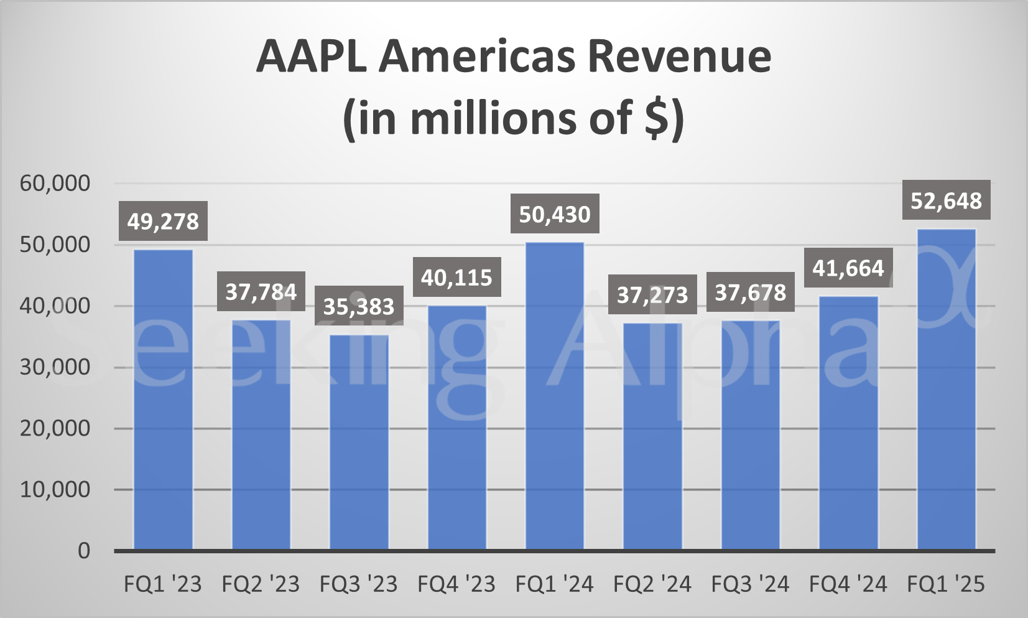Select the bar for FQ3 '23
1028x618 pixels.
tap(359, 442)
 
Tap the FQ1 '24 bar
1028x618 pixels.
tap(555, 396)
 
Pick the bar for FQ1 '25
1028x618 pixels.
tap(946, 390)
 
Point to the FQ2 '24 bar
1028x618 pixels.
tap(652, 436)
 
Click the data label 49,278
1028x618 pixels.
tap(163, 222)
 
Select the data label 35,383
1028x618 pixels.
tap(359, 306)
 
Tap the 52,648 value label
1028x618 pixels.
tap(946, 200)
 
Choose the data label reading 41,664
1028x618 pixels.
tap(848, 268)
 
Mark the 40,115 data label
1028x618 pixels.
tap(456, 278)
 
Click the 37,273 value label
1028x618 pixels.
tap(652, 294)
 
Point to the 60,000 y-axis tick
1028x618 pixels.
tap(55, 184)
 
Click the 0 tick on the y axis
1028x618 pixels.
tap(83, 551)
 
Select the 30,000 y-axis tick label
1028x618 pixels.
tap(55, 367)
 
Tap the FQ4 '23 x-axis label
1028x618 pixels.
tap(456, 584)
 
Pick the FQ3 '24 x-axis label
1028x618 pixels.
tap(750, 584)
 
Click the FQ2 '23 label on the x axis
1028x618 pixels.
tap(261, 584)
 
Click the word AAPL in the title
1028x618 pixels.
tap(311, 57)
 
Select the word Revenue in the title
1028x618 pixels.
tap(679, 57)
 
